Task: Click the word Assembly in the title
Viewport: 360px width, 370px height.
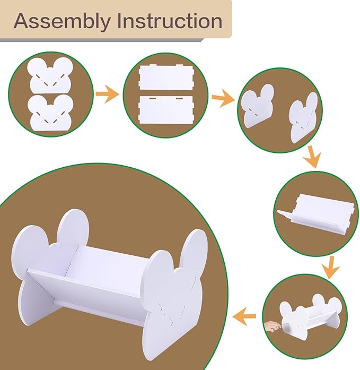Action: pyautogui.click(x=62, y=21)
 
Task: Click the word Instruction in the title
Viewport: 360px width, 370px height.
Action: pyautogui.click(x=170, y=21)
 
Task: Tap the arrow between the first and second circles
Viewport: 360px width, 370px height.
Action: pyautogui.click(x=107, y=94)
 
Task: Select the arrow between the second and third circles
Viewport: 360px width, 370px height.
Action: pyautogui.click(x=223, y=98)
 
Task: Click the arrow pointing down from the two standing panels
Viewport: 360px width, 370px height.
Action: pyautogui.click(x=312, y=157)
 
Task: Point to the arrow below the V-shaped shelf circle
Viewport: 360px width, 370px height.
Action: pyautogui.click(x=331, y=268)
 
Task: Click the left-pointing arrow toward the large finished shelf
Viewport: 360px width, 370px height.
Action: pyautogui.click(x=244, y=316)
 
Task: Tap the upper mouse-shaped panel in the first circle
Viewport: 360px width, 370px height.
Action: pyautogui.click(x=49, y=75)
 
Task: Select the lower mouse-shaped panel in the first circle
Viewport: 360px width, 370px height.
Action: pyautogui.click(x=50, y=113)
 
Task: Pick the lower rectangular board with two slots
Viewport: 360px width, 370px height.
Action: pyautogui.click(x=166, y=109)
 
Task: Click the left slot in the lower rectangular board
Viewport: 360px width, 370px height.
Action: pyautogui.click(x=152, y=97)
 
